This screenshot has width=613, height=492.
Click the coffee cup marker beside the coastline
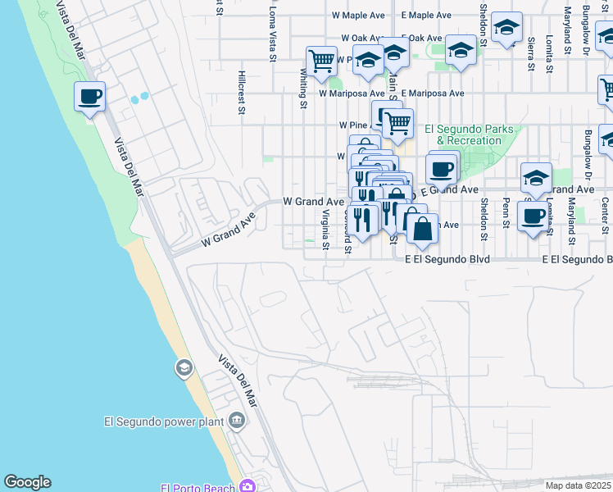pyautogui.click(x=90, y=97)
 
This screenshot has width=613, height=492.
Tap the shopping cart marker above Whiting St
pyautogui.click(x=321, y=60)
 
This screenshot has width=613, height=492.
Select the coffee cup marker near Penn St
pyautogui.click(x=533, y=216)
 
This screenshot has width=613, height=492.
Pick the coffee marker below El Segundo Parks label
pyautogui.click(x=442, y=170)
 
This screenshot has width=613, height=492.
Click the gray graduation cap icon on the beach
pyautogui.click(x=183, y=368)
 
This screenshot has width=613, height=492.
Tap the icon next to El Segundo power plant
pyautogui.click(x=237, y=421)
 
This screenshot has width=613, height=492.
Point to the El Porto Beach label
pyautogui.click(x=199, y=487)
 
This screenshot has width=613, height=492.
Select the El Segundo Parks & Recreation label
pyautogui.click(x=469, y=134)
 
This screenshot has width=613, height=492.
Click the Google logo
pyautogui.click(x=27, y=482)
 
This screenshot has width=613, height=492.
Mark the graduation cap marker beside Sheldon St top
pyautogui.click(x=507, y=29)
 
